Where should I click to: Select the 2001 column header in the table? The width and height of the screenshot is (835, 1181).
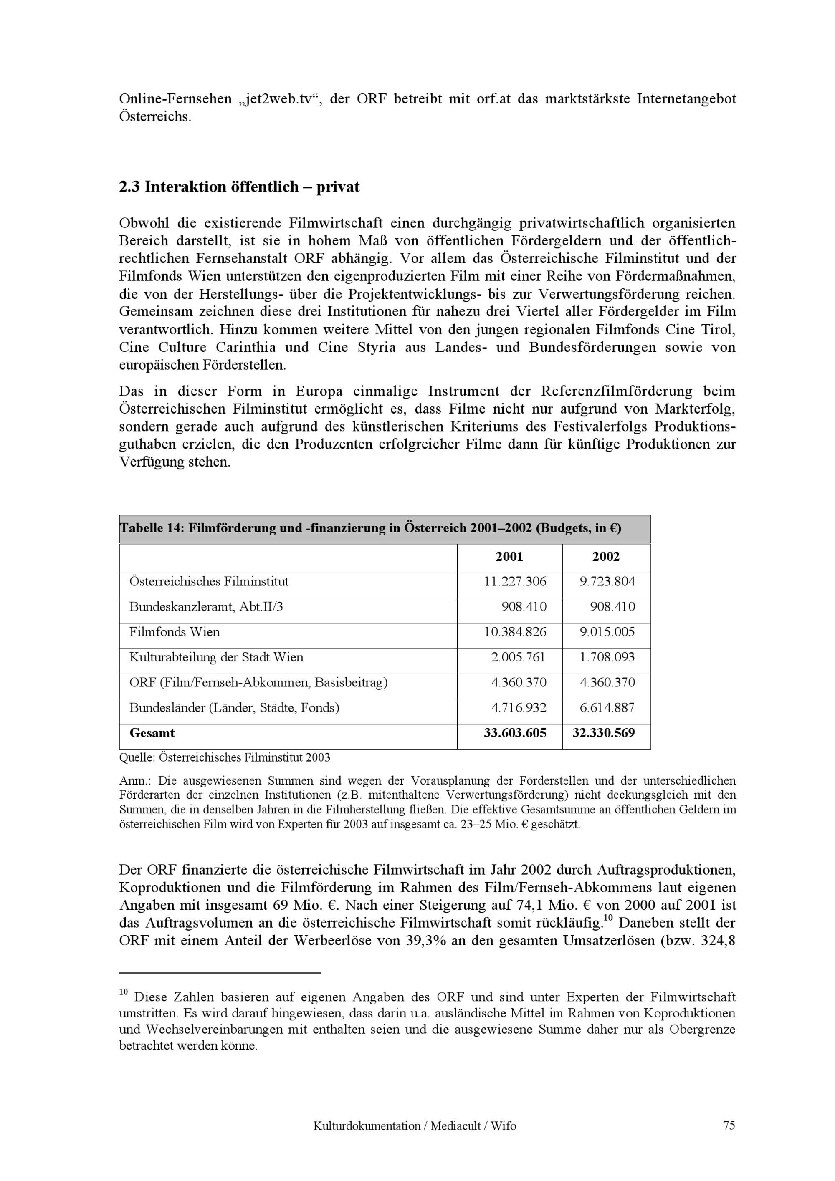509,557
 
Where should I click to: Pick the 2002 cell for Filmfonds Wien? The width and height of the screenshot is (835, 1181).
607,632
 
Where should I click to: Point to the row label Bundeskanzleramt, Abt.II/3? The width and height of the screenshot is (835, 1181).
206,607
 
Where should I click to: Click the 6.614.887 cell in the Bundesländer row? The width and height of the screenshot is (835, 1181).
607,708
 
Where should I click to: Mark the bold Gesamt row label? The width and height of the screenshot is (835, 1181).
152,733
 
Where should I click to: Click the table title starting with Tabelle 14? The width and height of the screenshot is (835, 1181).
370,528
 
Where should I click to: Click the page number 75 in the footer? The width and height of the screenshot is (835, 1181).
729,1125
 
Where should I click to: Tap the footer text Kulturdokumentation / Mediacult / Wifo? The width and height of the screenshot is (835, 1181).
414,1126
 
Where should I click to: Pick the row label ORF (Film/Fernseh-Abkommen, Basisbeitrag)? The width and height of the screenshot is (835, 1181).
258,683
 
